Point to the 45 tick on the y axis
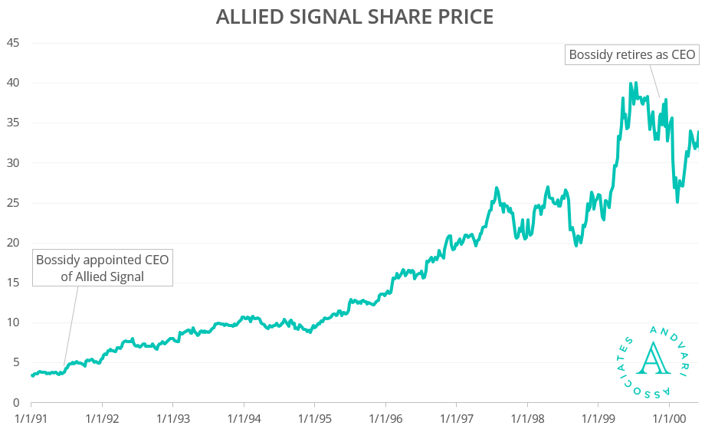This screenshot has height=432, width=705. pos(13,43)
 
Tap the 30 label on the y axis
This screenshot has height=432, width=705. pos(13,162)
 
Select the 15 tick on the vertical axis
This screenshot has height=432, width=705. pos(13,283)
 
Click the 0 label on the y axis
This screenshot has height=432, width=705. pos(16,403)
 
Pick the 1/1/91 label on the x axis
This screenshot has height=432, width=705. pos(31,419)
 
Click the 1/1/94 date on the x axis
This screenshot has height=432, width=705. pos(244,419)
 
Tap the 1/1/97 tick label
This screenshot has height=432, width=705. pos(456,419)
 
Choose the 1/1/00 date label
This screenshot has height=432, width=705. pos(668,419)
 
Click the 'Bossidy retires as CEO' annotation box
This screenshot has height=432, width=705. pos(631,54)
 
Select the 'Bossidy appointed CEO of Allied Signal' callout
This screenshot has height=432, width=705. pos(103,268)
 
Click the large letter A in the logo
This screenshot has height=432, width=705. pos(654,358)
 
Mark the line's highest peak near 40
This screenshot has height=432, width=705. pos(631,83)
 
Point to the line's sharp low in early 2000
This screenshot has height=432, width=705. pos(677,201)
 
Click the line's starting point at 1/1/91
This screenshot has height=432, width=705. pos(32,375)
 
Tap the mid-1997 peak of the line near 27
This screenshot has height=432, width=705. pos(497,188)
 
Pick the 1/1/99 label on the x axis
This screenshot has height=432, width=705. pos(598,419)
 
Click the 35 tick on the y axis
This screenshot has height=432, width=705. pos(13,123)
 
